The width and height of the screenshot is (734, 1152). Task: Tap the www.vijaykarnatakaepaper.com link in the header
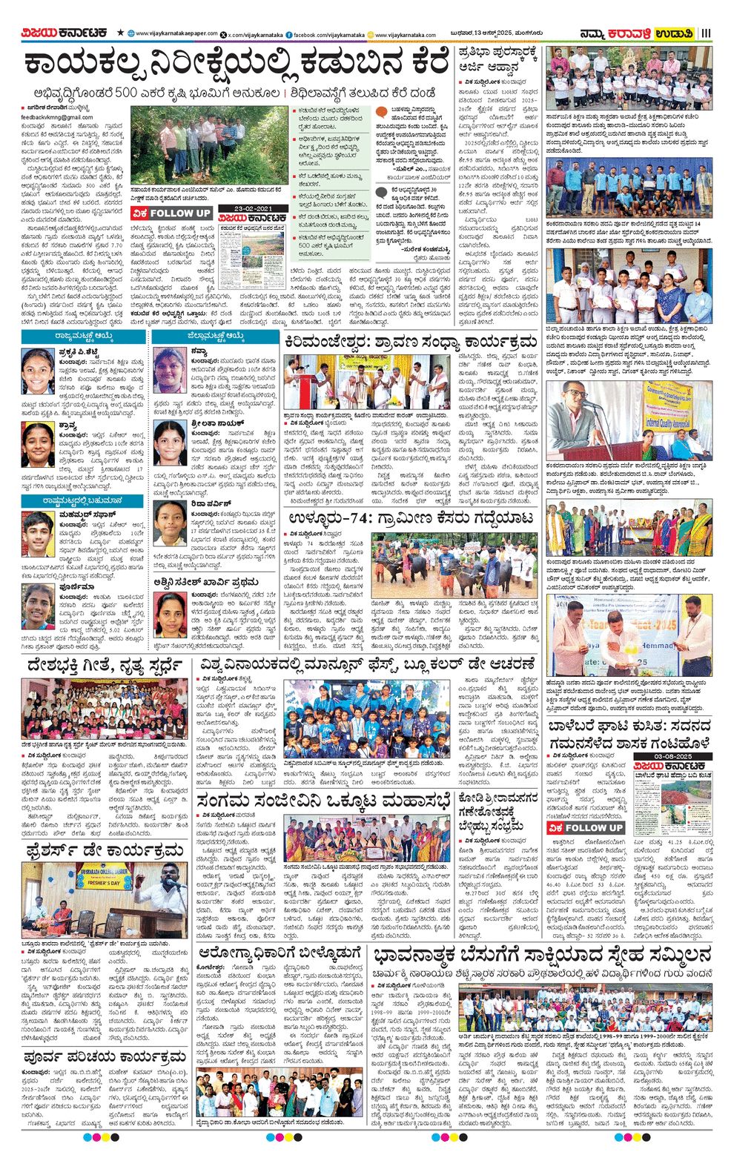click(x=176, y=34)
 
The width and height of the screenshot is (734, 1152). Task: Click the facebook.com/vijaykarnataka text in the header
click(x=329, y=35)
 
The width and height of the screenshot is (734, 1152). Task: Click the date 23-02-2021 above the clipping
click(x=253, y=208)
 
